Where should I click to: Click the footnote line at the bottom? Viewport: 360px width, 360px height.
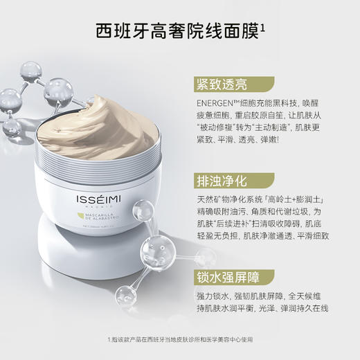pyautogui.click(x=180, y=339)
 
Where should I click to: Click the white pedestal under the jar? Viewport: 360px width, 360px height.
pyautogui.click(x=104, y=263)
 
